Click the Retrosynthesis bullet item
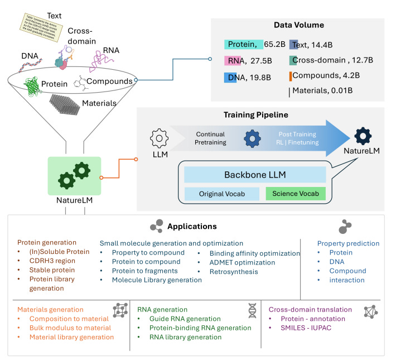[x=234, y=271]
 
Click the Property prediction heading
[x=348, y=243]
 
